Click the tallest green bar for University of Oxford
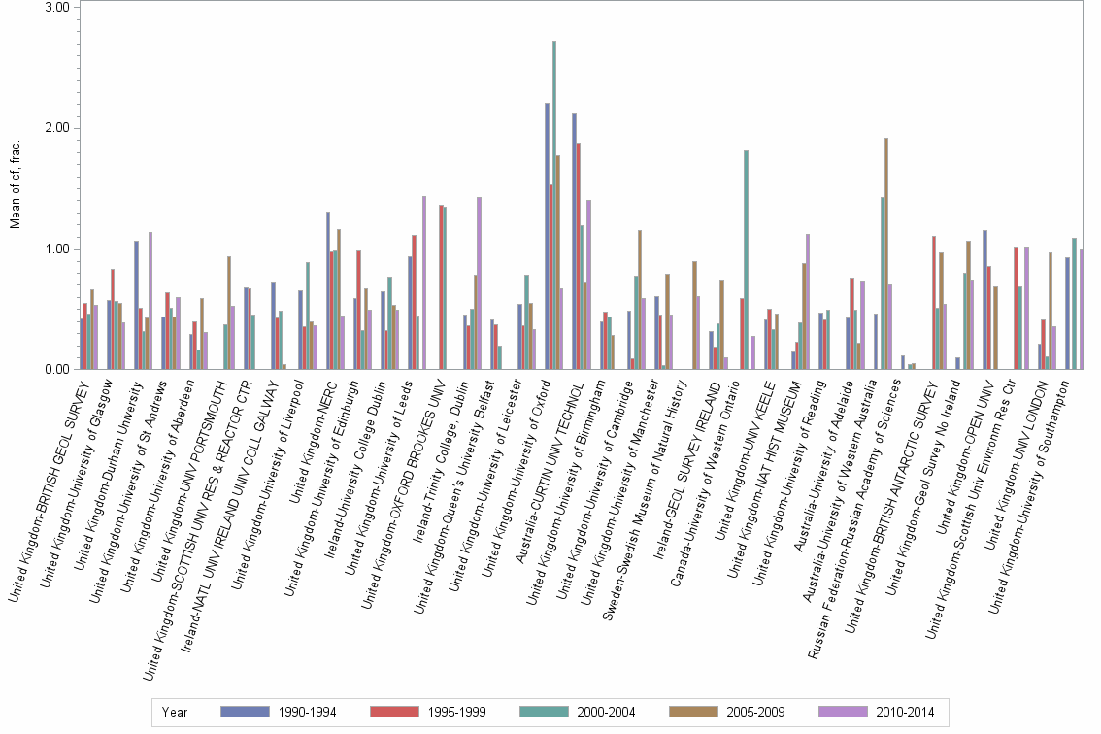pos(553,205)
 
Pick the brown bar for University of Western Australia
pos(886,253)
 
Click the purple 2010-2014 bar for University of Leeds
pos(424,283)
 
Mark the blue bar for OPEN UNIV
pos(984,300)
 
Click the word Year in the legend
pos(175,712)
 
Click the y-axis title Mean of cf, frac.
pos(16,184)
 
